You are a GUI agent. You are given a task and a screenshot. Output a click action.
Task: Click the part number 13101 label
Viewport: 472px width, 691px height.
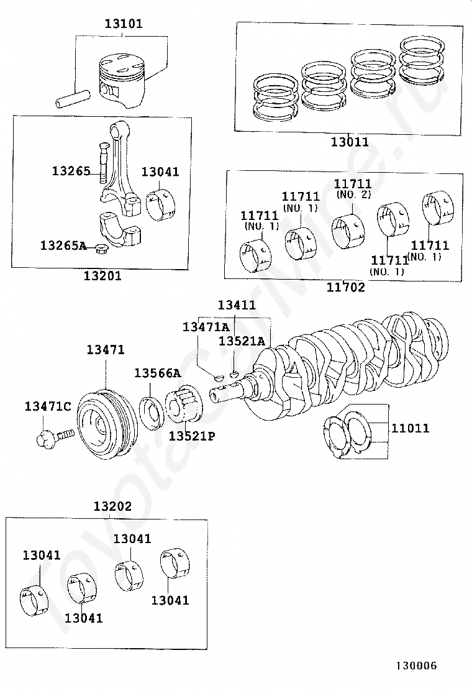pos(124,24)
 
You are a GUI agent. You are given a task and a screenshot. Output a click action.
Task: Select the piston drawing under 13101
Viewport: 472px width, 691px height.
pos(121,81)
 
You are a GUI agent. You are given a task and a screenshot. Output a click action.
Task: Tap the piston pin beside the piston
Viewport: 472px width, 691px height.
pos(73,99)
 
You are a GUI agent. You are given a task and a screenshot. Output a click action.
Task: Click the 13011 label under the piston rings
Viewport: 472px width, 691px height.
pos(350,142)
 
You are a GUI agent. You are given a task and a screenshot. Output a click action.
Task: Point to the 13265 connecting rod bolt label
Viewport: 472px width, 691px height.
pos(71,171)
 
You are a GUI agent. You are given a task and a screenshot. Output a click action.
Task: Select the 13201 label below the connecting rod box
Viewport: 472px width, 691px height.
pos(102,276)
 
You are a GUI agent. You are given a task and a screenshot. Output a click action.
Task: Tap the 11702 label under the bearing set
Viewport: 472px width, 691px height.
pos(346,287)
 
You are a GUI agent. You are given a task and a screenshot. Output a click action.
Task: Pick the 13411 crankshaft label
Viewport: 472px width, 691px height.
pos(237,304)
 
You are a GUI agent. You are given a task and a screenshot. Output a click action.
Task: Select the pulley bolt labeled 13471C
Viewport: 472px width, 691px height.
pos(55,438)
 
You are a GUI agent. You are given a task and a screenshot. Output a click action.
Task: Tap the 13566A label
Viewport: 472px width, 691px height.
pos(158,373)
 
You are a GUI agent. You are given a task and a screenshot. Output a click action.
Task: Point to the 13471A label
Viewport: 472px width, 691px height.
pos(206,327)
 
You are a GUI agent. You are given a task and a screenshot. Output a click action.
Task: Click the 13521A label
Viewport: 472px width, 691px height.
pos(242,341)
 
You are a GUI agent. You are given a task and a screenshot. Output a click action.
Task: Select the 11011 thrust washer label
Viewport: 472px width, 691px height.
pos(411,428)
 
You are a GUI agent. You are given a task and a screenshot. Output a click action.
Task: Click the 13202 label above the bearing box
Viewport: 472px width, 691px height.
pos(112,506)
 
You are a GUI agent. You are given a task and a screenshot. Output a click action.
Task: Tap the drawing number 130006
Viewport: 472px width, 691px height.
pos(416,666)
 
